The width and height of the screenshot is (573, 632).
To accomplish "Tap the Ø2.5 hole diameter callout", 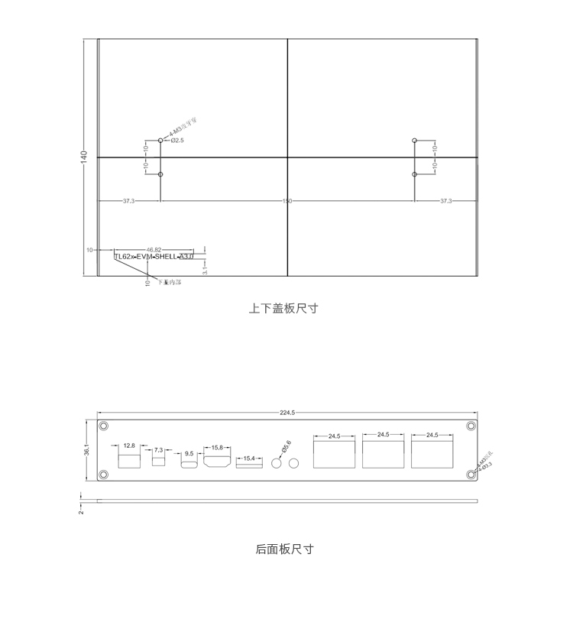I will pos(177,141).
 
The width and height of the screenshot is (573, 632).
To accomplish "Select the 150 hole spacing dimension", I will pos(287,201).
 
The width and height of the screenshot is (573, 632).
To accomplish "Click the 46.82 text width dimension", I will pos(154,249).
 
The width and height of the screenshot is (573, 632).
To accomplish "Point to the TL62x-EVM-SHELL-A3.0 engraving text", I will pos(154,258).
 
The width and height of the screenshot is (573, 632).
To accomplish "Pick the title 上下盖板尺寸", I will pos(283,309).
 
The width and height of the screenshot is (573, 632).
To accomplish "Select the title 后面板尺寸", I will pos(284,549).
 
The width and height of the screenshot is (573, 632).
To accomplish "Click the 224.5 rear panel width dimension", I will pos(287,413).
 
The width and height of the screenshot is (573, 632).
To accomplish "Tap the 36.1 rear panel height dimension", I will pos(87,450).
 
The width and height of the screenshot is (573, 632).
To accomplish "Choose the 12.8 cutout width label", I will pos(129,446).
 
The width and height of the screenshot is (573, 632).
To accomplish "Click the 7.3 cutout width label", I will pos(159,450).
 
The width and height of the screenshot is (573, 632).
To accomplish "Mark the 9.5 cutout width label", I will pos(189,454).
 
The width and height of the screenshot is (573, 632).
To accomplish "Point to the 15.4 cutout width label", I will pos(248,459).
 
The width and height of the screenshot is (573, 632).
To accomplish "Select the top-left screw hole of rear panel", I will pos(104,426).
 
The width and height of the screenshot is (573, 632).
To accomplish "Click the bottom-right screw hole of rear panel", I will pos(471,475).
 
